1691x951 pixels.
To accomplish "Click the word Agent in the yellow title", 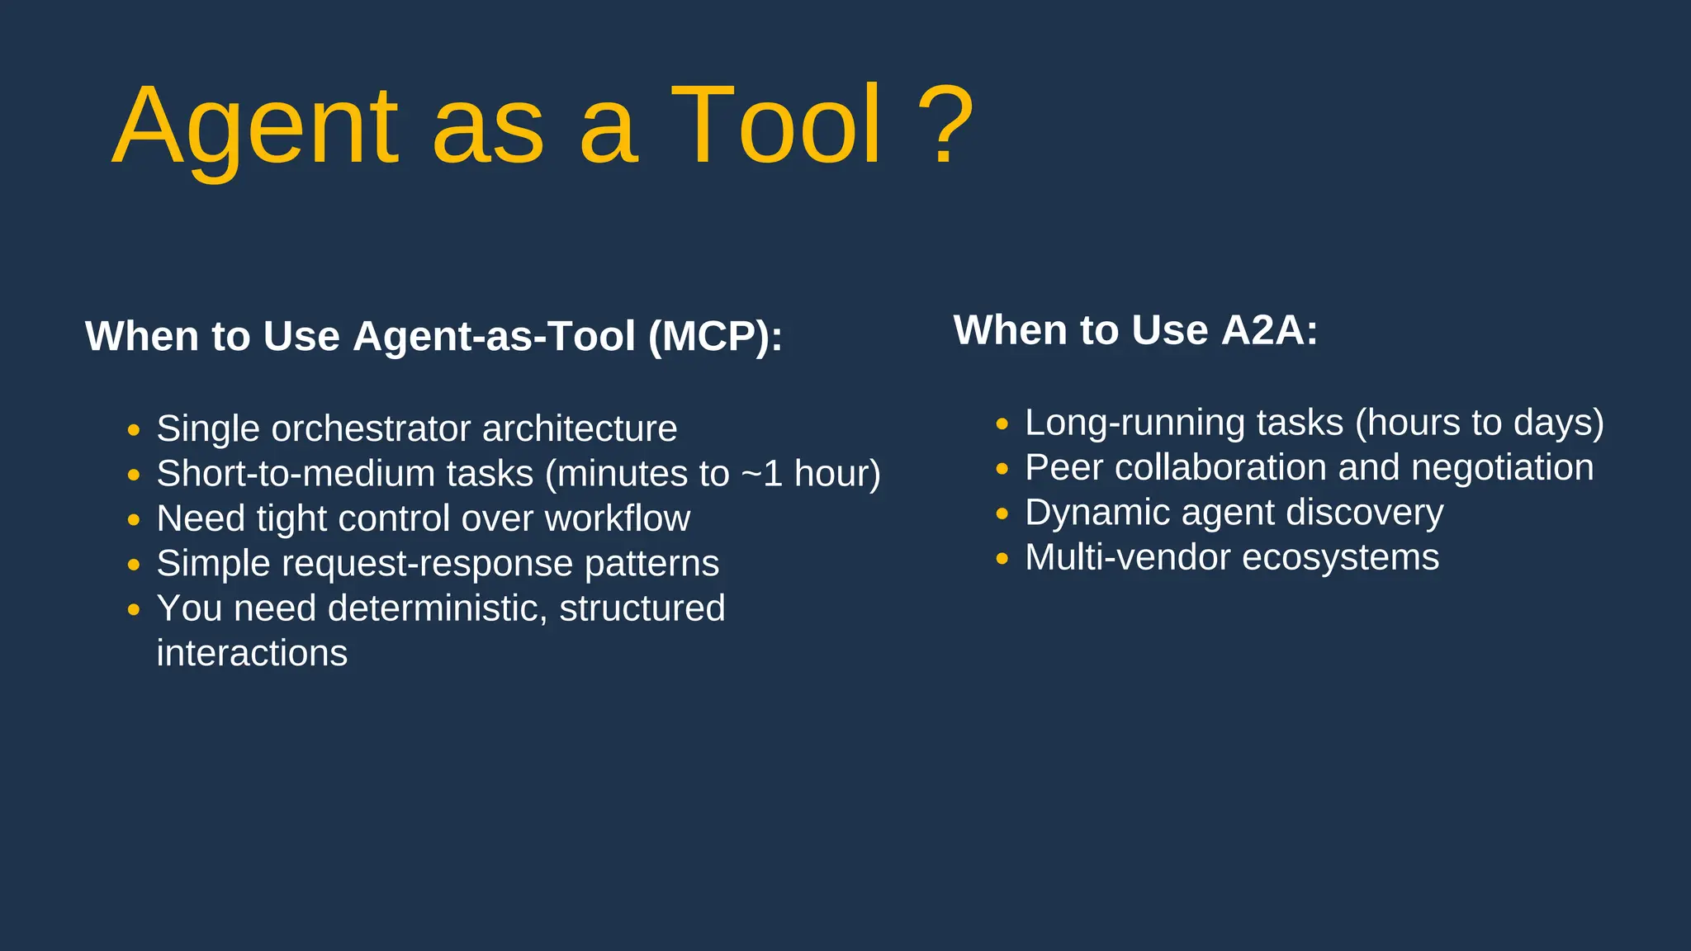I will click(255, 128).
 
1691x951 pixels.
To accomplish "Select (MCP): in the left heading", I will click(715, 337).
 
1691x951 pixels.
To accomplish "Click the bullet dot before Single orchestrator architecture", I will click(134, 430).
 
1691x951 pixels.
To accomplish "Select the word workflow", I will click(617, 518).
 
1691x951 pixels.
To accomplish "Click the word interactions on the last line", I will click(252, 653).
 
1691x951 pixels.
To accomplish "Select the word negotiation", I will click(1502, 467).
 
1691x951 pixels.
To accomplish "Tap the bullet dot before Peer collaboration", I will click(1002, 469).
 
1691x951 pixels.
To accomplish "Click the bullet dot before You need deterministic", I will click(134, 610).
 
